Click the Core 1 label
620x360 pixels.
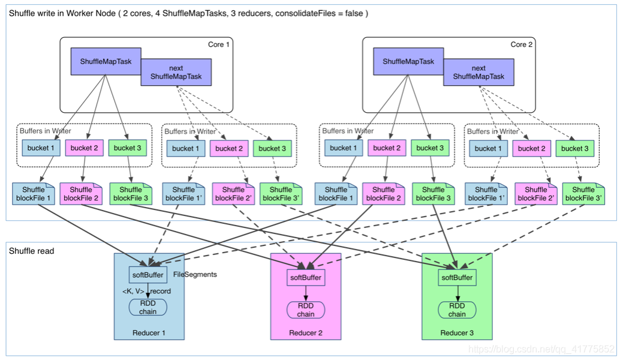coord(219,44)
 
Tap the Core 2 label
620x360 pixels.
coord(521,44)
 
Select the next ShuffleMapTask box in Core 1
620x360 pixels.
coord(176,73)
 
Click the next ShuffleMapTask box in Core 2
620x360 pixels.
coord(478,73)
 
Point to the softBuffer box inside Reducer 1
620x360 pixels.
coord(148,275)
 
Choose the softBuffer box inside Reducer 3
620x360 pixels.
coord(457,277)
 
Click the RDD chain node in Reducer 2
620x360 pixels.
coord(306,310)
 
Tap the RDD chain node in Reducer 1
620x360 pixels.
coord(148,307)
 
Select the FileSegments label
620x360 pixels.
coord(195,275)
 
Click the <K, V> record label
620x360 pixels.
coord(147,291)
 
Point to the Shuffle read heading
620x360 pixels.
coord(32,251)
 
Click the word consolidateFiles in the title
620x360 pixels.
coord(302,13)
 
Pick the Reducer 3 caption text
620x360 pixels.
coord(457,333)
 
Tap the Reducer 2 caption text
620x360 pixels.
coord(306,333)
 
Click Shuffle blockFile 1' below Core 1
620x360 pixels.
coord(183,194)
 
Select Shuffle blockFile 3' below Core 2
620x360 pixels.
coord(583,194)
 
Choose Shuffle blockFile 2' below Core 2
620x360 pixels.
coord(536,194)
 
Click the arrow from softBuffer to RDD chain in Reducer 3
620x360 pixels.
coord(458,293)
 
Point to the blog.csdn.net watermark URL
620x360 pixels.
coord(541,349)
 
